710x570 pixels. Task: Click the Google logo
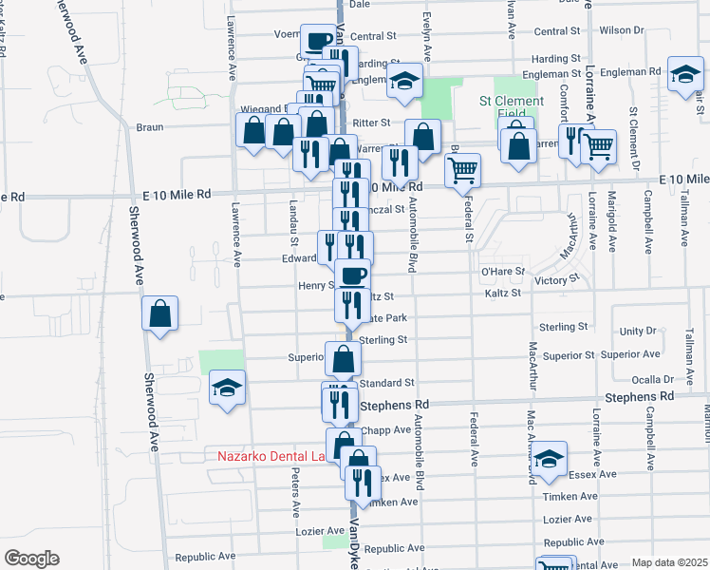[x=31, y=559]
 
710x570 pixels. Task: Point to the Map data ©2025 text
[x=669, y=562]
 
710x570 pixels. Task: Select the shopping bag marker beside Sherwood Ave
[x=159, y=313]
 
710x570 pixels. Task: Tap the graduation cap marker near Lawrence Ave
[x=228, y=388]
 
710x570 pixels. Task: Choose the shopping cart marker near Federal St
[x=462, y=170]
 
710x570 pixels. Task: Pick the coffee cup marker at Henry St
[x=352, y=275]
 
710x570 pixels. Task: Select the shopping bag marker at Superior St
[x=344, y=358]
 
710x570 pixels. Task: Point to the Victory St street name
[x=556, y=280]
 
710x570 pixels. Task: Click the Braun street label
[x=150, y=126]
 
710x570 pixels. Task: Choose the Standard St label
[x=387, y=383]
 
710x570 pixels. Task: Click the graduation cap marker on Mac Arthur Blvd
[x=548, y=459]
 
